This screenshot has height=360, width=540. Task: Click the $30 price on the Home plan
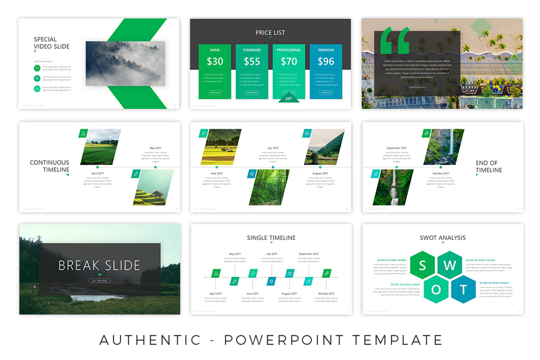click(215, 61)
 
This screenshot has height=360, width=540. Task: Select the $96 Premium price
click(326, 61)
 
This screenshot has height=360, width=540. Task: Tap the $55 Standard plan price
click(252, 61)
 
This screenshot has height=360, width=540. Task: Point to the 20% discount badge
click(289, 98)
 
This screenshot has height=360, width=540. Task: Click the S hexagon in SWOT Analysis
click(423, 265)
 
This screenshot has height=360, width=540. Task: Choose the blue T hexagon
click(463, 289)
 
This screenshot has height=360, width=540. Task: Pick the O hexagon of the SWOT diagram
click(436, 290)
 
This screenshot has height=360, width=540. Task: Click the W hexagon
click(450, 265)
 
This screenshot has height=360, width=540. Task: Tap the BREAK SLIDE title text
click(99, 265)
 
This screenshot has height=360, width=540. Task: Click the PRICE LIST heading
click(270, 32)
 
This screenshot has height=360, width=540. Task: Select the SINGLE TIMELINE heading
click(271, 238)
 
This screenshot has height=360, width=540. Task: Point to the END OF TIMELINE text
click(489, 166)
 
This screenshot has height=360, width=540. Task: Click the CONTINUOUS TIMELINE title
click(49, 166)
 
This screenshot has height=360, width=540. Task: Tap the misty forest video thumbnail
click(125, 63)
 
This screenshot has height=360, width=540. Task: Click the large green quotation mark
click(395, 41)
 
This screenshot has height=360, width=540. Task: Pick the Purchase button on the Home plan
click(215, 92)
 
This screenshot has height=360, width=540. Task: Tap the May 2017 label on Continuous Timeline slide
click(155, 148)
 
